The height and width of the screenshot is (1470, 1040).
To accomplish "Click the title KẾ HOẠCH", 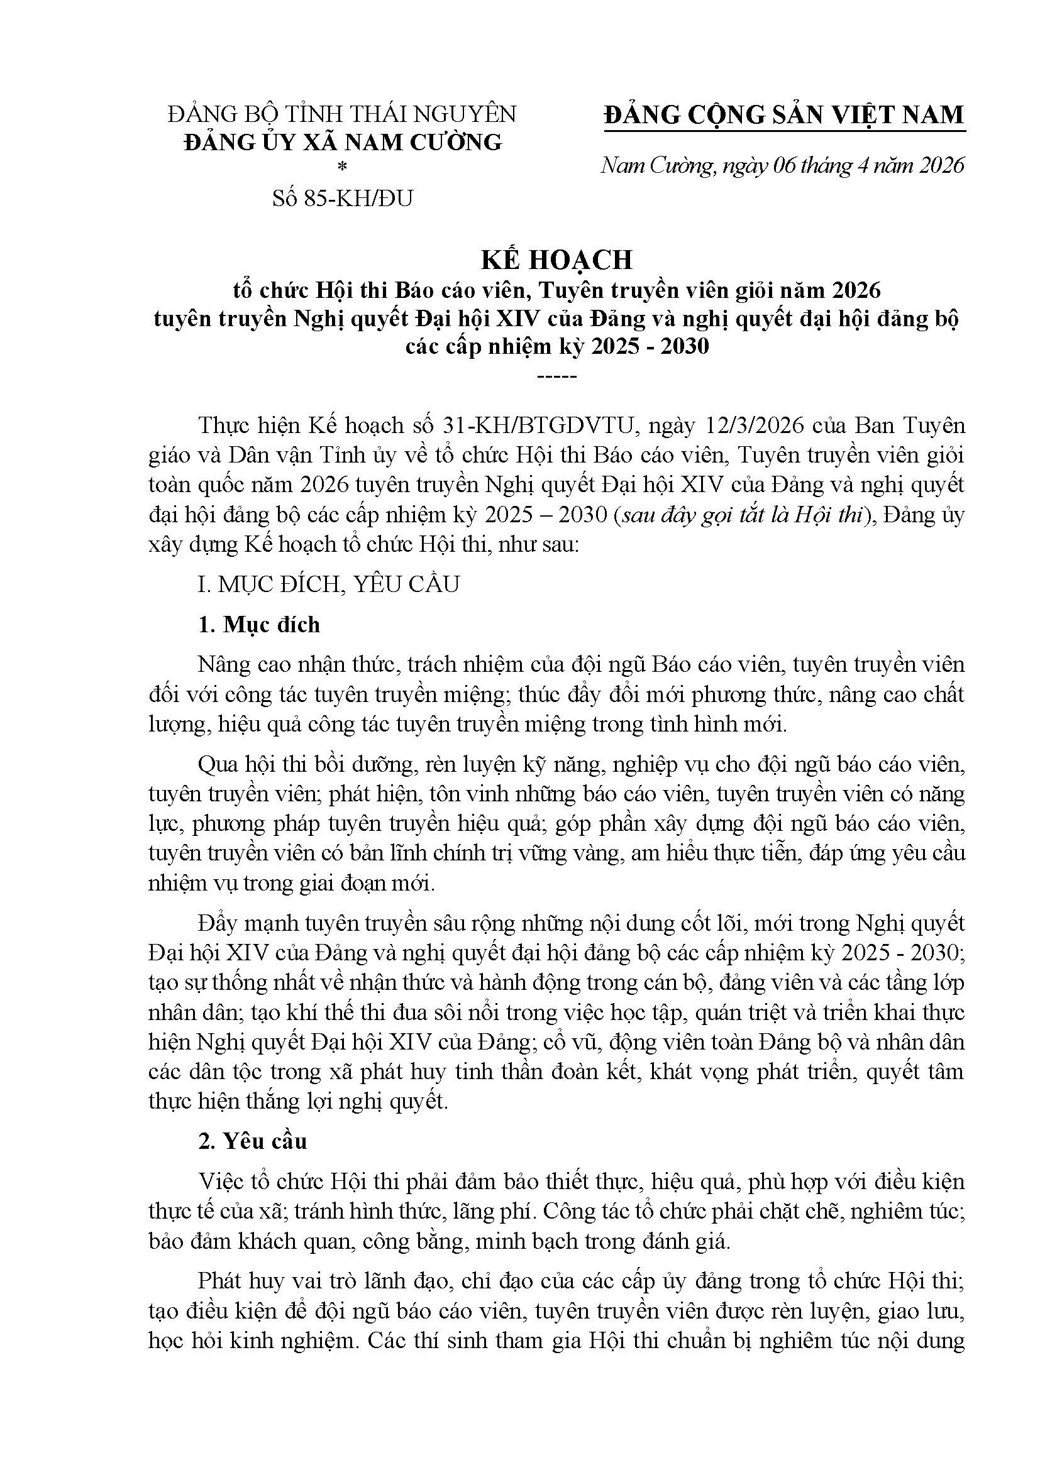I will coord(556,260).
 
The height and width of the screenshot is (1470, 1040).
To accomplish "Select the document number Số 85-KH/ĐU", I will coord(343,199).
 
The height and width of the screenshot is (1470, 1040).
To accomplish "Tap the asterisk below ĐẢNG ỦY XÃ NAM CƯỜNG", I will coord(343,168).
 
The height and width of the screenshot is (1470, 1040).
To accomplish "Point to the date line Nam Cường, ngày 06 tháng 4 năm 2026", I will coord(783,166).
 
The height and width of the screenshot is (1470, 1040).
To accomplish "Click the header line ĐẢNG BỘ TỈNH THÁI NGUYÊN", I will coord(342,114).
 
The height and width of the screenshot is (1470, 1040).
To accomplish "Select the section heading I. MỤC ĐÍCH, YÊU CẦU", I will coord(328,584).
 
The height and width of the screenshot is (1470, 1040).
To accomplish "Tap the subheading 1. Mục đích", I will coord(259,624).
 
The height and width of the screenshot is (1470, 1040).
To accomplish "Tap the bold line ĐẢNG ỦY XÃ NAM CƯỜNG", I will coord(343,142).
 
